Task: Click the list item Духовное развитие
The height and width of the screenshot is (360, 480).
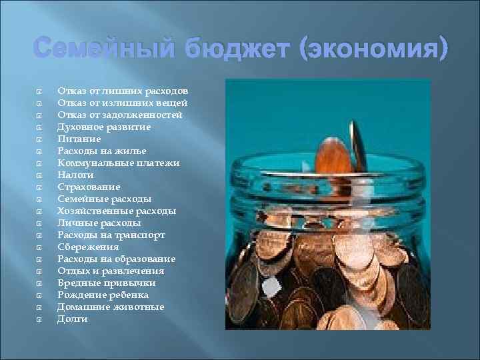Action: point(104,127)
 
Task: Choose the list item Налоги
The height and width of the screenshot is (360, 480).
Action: point(75,175)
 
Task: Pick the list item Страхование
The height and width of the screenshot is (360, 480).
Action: point(89,187)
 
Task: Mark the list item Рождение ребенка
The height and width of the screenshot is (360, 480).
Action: point(103,295)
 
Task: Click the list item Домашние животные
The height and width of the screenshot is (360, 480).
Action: point(110,307)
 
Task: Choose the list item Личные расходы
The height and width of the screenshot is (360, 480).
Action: point(99,223)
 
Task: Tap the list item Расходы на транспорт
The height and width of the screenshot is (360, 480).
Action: point(111,235)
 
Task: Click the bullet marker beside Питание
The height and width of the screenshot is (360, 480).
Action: point(39,139)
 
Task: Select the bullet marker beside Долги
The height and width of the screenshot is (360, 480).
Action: point(39,319)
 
